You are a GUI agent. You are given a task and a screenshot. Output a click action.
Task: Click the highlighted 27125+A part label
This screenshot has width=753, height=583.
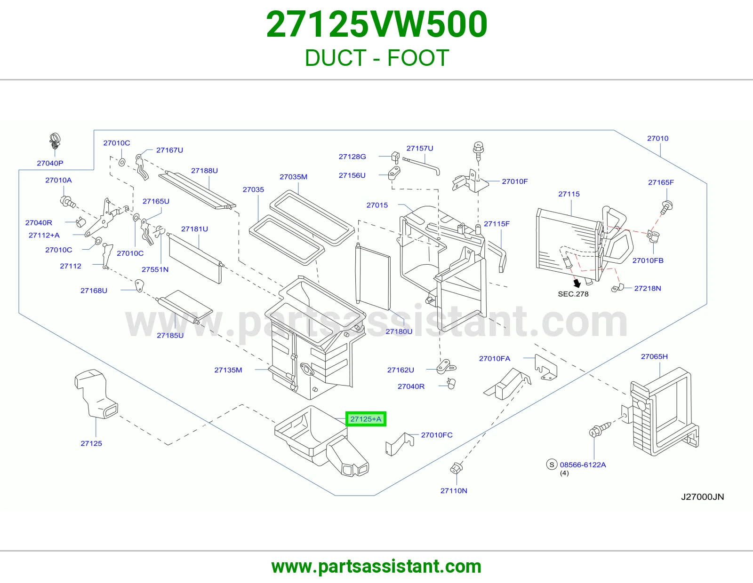[x=366, y=419]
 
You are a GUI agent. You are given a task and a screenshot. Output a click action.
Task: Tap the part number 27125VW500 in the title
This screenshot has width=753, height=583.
[x=376, y=24]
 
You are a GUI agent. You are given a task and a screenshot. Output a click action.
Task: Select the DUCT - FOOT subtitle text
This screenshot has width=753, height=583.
[x=376, y=58]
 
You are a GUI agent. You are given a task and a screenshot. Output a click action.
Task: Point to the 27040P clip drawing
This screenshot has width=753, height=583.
[x=55, y=142]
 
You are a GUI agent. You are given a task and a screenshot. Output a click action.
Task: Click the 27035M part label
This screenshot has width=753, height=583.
[x=293, y=177]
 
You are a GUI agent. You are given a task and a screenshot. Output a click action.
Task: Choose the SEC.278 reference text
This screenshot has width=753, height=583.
[x=573, y=294]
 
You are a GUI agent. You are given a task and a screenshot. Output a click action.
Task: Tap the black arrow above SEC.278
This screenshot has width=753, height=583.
[x=577, y=283]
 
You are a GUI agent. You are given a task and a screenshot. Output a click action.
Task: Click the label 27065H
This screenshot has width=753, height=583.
[x=654, y=356]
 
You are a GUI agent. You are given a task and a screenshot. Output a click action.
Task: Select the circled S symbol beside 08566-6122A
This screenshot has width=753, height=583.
[x=552, y=464]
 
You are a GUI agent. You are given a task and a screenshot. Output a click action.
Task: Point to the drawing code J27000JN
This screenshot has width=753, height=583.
[x=702, y=497]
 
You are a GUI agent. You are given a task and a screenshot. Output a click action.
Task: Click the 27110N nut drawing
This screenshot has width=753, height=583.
[x=456, y=468]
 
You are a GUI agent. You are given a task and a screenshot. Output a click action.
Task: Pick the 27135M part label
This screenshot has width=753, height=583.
[x=228, y=370]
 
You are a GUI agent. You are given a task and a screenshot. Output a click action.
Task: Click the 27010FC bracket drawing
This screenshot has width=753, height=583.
[x=399, y=444]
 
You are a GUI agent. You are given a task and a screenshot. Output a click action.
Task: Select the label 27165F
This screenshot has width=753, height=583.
[x=661, y=182]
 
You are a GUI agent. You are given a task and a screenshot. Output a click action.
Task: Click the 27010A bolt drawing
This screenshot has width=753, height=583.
[x=68, y=202]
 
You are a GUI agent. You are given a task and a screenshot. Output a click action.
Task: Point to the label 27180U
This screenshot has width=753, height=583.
[x=399, y=331]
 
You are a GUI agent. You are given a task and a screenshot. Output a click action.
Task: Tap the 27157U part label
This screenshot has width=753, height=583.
[x=420, y=149]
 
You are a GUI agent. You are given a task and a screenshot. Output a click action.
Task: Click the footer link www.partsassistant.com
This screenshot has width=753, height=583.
[x=376, y=567]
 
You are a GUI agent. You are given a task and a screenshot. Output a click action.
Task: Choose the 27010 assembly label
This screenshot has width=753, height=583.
[x=658, y=139]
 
